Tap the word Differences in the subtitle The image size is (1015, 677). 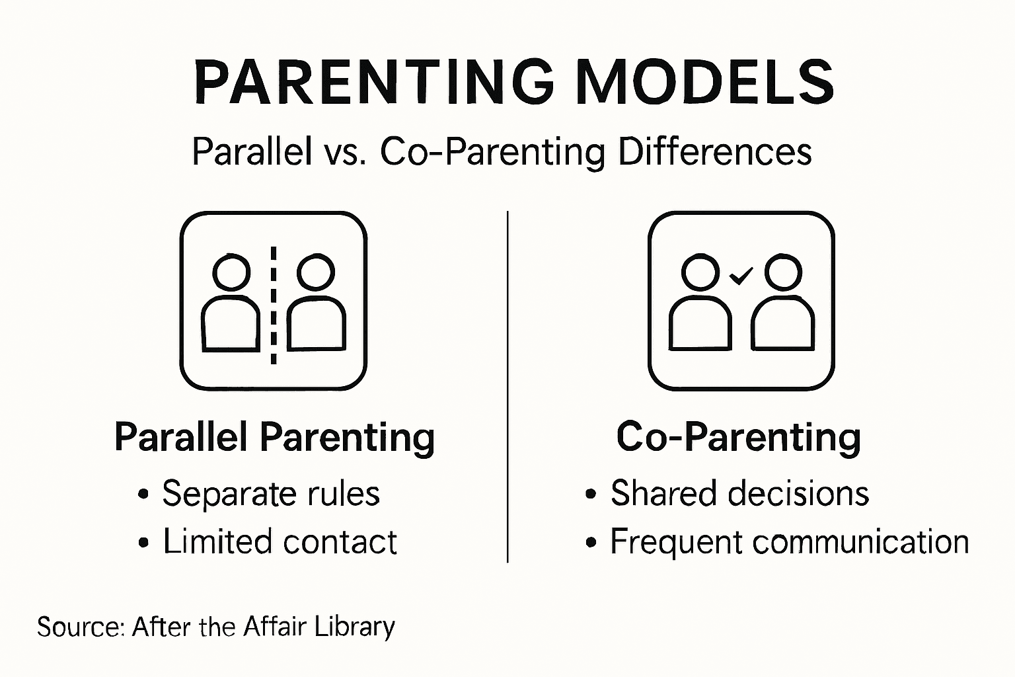715,152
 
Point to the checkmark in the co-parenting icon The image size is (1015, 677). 741,275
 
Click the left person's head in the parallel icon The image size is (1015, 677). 231,271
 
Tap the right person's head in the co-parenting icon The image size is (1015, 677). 783,271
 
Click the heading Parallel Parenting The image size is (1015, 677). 274,437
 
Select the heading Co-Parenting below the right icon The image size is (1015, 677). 739,437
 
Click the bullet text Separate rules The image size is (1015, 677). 271,493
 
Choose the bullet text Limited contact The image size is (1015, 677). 280,542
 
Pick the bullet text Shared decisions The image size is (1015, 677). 739,493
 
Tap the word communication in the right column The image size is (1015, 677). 860,542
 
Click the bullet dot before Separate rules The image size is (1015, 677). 143,495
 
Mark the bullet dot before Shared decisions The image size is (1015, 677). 591,495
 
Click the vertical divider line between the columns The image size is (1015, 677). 507,387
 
